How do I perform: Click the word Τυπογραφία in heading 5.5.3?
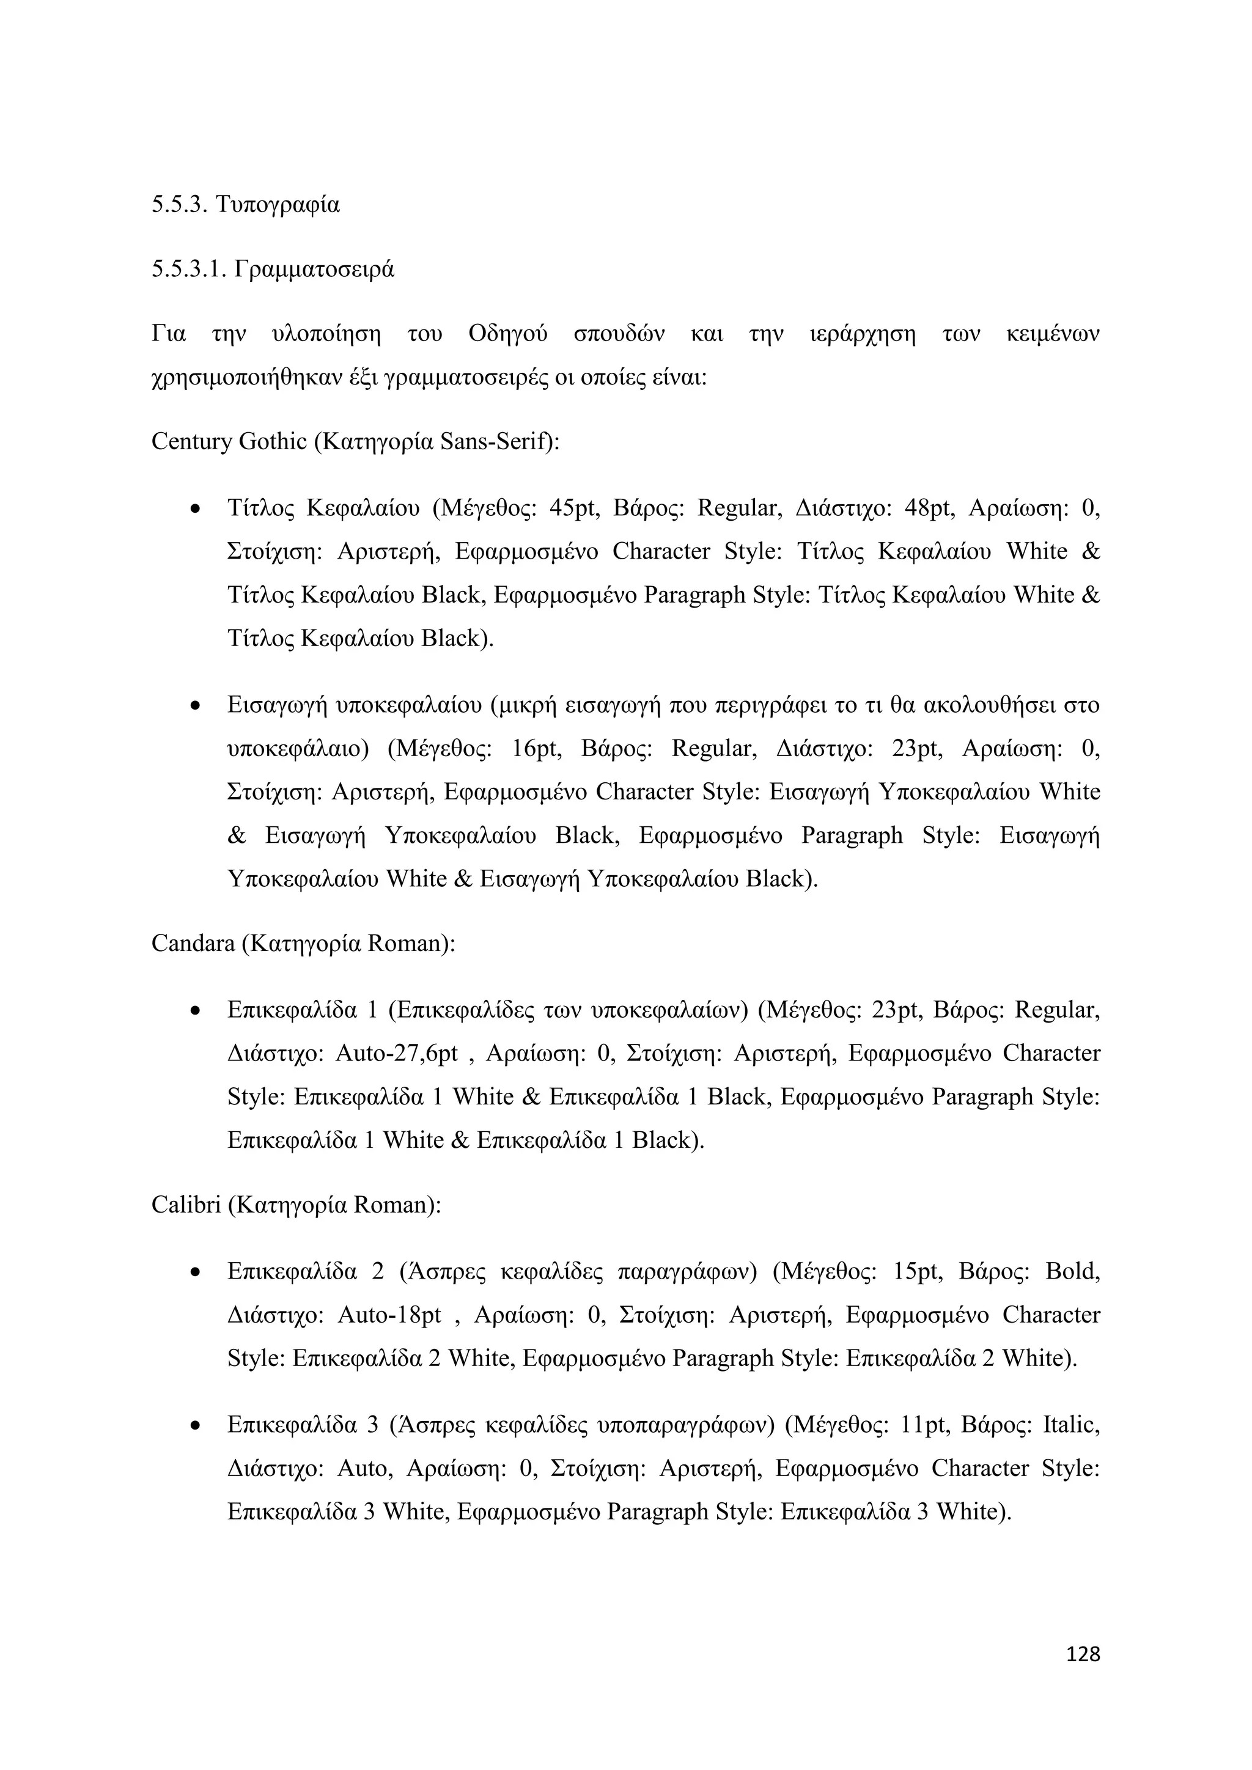point(278,205)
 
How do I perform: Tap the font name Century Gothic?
point(229,442)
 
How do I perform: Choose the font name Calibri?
point(186,1204)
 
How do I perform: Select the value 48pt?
point(930,509)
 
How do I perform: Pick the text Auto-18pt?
point(389,1315)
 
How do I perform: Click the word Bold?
point(1072,1272)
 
